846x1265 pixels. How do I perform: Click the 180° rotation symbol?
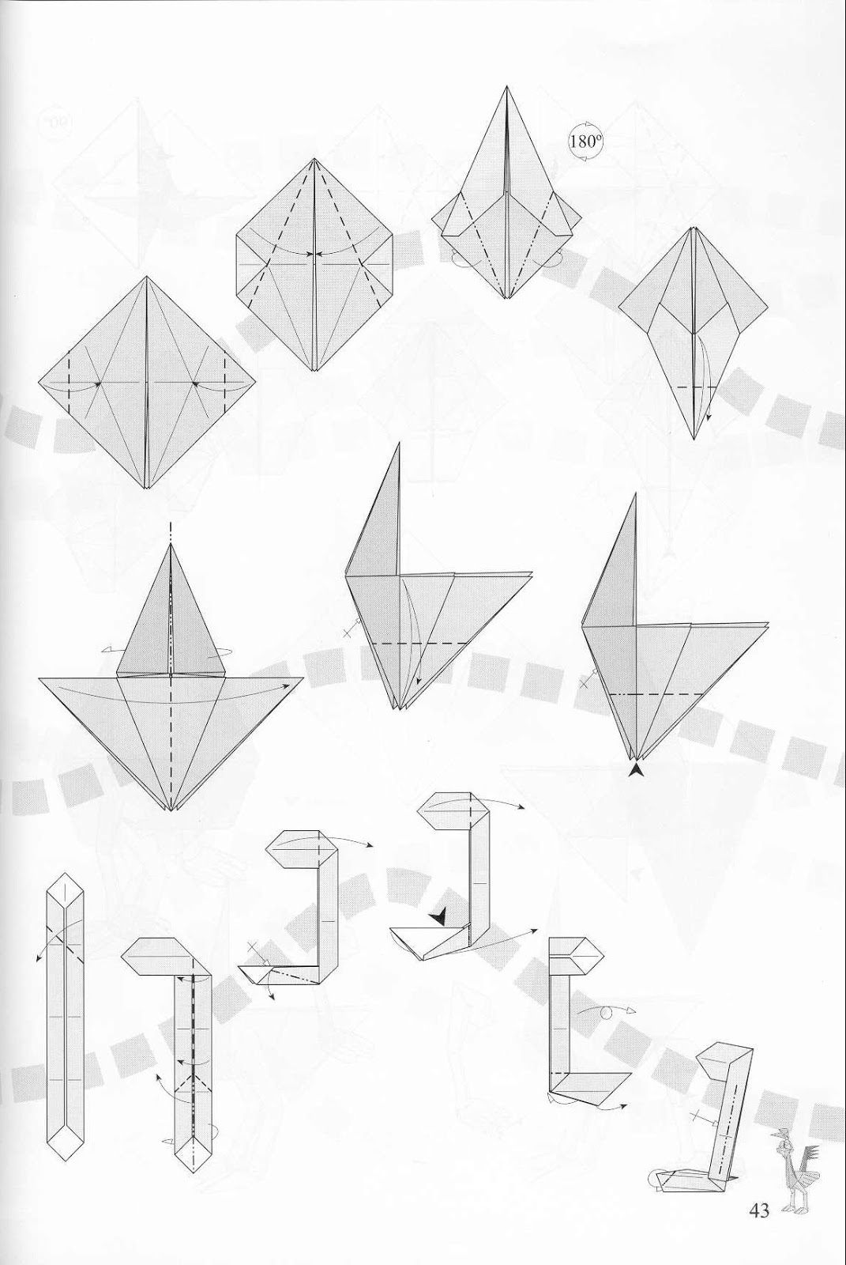585,143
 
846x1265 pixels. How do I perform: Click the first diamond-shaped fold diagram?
148,383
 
